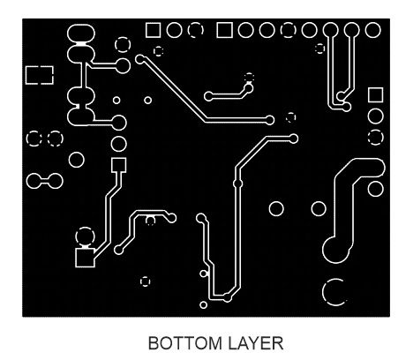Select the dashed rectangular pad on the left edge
point(40,75)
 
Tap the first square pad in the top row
point(154,30)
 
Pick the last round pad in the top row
point(372,30)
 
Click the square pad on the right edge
point(376,95)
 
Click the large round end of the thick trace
point(336,250)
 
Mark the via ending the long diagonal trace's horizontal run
point(269,120)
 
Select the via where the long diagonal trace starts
point(140,59)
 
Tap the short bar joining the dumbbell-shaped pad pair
point(44,181)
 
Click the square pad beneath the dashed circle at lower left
point(85,258)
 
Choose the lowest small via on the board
point(203,305)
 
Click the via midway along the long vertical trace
point(237,184)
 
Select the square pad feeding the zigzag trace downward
point(119,165)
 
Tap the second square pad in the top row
point(225,30)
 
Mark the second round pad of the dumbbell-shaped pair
point(55,181)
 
